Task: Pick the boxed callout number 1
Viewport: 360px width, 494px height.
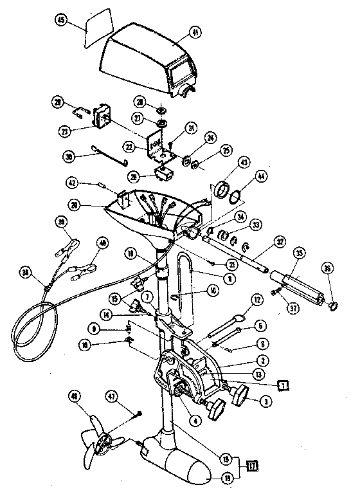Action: pyautogui.click(x=282, y=385)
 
